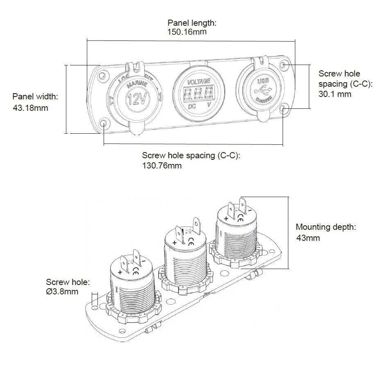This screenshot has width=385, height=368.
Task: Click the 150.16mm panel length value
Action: tap(187, 32)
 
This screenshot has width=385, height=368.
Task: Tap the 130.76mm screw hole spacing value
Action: tap(162, 166)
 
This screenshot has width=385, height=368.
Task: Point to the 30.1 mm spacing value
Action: tap(335, 94)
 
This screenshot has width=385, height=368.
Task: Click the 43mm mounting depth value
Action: tap(308, 238)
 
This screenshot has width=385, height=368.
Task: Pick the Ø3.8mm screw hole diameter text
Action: tap(62, 292)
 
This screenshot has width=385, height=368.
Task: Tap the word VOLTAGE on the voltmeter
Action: tap(199, 81)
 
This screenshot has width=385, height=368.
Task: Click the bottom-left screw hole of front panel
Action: tap(104, 123)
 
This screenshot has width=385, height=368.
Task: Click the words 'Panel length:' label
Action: tap(192, 23)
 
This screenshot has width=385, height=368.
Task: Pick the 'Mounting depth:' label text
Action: tap(326, 227)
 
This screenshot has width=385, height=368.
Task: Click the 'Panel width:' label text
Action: tap(35, 97)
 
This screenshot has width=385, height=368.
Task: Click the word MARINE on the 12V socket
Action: tap(136, 85)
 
